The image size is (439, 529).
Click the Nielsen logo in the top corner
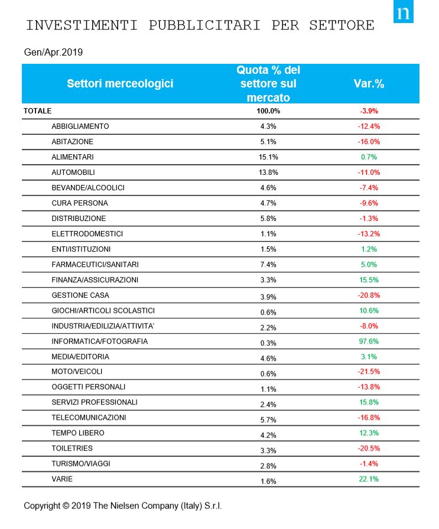click(x=404, y=13)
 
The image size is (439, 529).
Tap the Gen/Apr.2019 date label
click(x=53, y=52)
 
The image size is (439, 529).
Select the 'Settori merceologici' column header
click(x=120, y=83)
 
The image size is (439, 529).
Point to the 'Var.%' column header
click(x=369, y=83)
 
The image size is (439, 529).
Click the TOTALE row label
click(x=38, y=111)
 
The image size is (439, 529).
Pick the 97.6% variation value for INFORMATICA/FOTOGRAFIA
click(x=369, y=341)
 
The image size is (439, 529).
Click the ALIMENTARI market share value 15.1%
click(x=268, y=157)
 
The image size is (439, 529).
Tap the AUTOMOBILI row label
click(x=73, y=172)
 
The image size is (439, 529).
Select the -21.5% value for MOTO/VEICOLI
click(x=369, y=372)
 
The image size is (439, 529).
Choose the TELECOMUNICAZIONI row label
click(x=89, y=418)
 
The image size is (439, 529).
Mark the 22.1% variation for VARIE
click(x=369, y=479)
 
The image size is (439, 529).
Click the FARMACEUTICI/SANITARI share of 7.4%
click(x=268, y=265)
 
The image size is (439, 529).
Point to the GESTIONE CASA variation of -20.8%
click(x=369, y=295)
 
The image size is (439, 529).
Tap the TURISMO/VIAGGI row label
click(x=81, y=464)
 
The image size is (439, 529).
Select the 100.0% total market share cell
click(x=268, y=111)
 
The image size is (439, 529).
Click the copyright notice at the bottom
click(x=123, y=507)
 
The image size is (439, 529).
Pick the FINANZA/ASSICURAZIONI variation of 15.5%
click(x=369, y=280)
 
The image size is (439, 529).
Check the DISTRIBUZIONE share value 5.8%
click(x=268, y=219)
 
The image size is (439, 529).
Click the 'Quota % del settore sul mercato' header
click(x=268, y=83)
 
